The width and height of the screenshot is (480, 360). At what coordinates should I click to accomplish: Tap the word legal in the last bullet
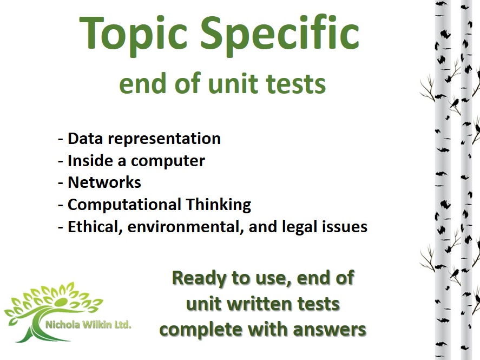297,226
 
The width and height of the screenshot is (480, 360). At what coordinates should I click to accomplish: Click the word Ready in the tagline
197,278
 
